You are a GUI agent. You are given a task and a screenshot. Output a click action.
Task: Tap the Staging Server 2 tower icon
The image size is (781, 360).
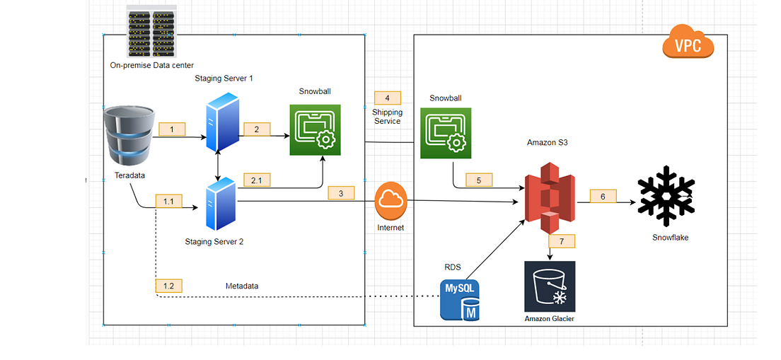pos(221,205)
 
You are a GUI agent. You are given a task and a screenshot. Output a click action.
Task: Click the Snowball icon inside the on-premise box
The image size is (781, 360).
pos(315,130)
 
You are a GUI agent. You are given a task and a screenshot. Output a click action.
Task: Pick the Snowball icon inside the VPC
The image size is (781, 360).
pos(446,134)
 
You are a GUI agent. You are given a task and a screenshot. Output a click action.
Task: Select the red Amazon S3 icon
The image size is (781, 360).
pos(550,198)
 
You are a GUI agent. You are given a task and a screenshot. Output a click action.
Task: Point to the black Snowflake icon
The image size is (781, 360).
pos(666,192)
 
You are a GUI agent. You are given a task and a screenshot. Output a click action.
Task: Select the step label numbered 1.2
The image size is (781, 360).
pos(168,286)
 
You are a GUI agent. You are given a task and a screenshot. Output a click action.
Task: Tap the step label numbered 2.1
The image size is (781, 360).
pos(256,180)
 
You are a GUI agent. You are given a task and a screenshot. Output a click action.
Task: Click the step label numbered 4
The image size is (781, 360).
pos(387,98)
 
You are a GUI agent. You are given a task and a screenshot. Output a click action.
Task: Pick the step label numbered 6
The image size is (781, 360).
pos(603,196)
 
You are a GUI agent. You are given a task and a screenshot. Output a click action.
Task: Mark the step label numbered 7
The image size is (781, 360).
pos(562,241)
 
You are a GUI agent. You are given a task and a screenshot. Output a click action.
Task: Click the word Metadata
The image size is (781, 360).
pos(242,286)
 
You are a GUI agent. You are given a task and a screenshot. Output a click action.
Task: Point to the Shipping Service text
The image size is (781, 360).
pos(387,117)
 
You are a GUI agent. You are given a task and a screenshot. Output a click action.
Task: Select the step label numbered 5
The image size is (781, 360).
pos(479,180)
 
